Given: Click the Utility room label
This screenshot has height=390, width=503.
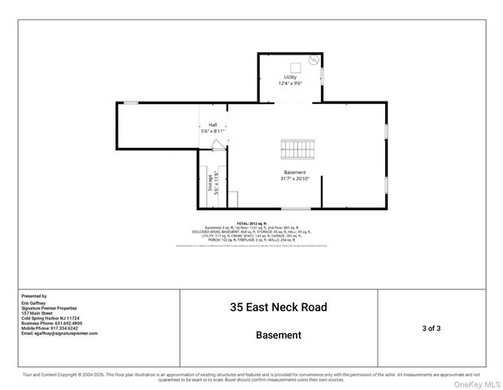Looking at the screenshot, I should coord(290,77).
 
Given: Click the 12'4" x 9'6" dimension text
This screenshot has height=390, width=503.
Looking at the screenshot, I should coord(290,83).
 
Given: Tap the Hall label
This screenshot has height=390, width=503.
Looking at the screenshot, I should coord(212,125).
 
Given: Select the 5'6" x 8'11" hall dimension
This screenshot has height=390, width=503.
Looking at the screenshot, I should coord(212,131).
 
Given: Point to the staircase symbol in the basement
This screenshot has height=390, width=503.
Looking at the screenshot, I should coord(297,149).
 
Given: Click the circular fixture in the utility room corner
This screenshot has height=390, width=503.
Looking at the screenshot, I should coord(314,61).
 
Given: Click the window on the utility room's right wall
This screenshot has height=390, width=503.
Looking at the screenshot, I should coord(322,76).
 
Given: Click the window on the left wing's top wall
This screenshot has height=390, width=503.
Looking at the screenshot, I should coord(130,102).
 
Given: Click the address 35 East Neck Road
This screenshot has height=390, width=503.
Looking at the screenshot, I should coord(279,308).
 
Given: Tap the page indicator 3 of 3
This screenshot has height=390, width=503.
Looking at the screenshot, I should coord(431,328).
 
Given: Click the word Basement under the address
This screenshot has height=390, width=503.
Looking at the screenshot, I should coord(279,335).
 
